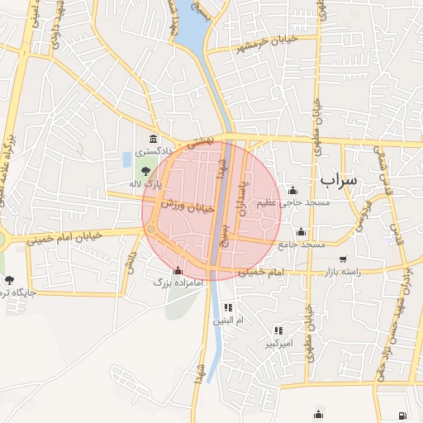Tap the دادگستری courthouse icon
click(153, 138)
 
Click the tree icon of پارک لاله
click(146, 171)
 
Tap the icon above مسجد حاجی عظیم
click(292, 190)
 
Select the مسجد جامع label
click(302, 245)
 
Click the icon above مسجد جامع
click(301, 232)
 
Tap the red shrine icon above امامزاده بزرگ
click(177, 270)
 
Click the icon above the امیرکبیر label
click(278, 330)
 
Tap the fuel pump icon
click(402, 415)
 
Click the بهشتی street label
click(201, 142)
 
